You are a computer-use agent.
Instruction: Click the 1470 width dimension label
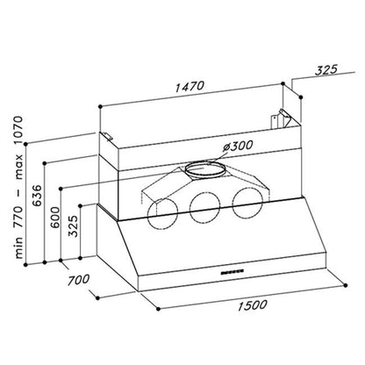pos(190,86)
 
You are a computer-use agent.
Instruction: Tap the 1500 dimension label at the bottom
pos(252,305)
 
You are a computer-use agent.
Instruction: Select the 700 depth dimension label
pos(78,280)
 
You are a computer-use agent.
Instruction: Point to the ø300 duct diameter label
pos(237,146)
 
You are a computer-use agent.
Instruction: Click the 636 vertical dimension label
pos(37,196)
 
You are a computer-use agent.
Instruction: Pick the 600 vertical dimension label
pos(54,218)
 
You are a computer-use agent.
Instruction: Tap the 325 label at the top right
pos(326,69)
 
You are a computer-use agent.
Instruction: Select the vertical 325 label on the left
pos(73,226)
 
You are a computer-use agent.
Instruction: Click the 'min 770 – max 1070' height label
pos(18,188)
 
